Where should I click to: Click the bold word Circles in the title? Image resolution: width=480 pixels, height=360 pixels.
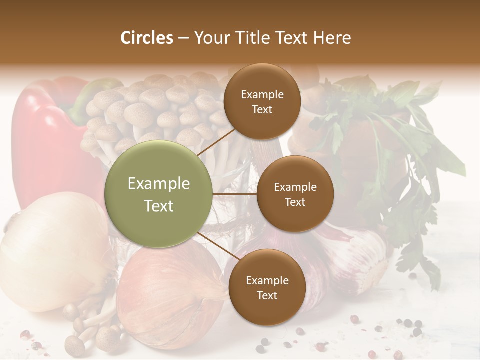point(147,38)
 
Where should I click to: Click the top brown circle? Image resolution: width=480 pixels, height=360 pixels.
point(262,102)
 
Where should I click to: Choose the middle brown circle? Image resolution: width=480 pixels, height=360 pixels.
point(295,194)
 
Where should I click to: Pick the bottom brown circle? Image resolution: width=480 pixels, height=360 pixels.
point(267,287)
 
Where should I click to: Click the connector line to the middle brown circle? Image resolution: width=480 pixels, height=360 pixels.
point(235,194)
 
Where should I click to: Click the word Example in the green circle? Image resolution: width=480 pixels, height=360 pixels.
point(159,184)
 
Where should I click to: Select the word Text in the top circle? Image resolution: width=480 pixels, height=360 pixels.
point(262,109)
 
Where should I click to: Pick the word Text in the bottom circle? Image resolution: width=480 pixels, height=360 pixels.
point(267,295)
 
